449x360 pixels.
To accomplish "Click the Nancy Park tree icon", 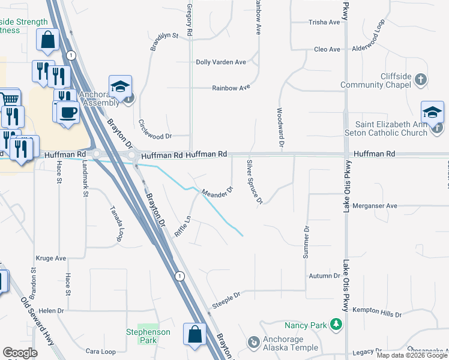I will pos(336,325).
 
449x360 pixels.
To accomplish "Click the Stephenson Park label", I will pos(148,336).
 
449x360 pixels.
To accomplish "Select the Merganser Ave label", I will pos(375,206).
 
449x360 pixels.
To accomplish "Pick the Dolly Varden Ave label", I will pos(221,62).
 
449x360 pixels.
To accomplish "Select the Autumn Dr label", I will pos(324,276).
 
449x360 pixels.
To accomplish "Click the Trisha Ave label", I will pos(324,22).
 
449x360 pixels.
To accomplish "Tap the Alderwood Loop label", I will pos(369,40).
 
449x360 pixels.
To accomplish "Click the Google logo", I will pos(20,353).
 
